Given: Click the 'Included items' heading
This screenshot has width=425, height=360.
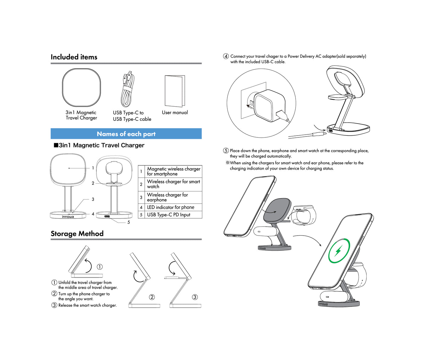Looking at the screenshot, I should (74, 57).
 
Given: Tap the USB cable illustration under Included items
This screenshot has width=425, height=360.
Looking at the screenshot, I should (128, 90).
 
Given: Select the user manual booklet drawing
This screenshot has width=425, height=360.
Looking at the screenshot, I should (175, 91).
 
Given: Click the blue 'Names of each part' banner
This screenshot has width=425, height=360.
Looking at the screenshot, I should (126, 134).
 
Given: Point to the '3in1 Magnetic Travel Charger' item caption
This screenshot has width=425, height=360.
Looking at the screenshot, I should (81, 115).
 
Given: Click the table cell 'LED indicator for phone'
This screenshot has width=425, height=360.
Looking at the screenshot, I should (170, 207).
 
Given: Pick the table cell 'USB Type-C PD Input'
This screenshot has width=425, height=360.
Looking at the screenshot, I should (168, 215).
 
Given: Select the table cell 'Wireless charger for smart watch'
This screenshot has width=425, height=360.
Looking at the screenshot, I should (173, 184).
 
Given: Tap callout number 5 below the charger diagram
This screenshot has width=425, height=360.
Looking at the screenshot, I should (128, 222).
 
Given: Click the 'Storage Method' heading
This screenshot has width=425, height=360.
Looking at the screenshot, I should (77, 234).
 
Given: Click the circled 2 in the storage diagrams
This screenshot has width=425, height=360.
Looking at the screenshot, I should (152, 297).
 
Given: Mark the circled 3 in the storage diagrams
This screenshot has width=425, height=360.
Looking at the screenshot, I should (195, 297).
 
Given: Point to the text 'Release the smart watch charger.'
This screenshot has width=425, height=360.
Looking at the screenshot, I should (87, 305).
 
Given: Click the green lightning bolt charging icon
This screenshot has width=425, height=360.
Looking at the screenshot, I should (339, 251).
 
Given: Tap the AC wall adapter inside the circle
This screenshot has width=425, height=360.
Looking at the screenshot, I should (269, 105).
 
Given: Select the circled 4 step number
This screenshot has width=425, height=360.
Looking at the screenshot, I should (226, 56).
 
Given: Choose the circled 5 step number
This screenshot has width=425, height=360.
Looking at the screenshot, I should (226, 151).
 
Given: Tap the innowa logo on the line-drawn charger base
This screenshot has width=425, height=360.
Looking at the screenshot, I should (68, 217).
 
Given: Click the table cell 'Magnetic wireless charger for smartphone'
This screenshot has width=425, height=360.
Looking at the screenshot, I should (173, 171).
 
